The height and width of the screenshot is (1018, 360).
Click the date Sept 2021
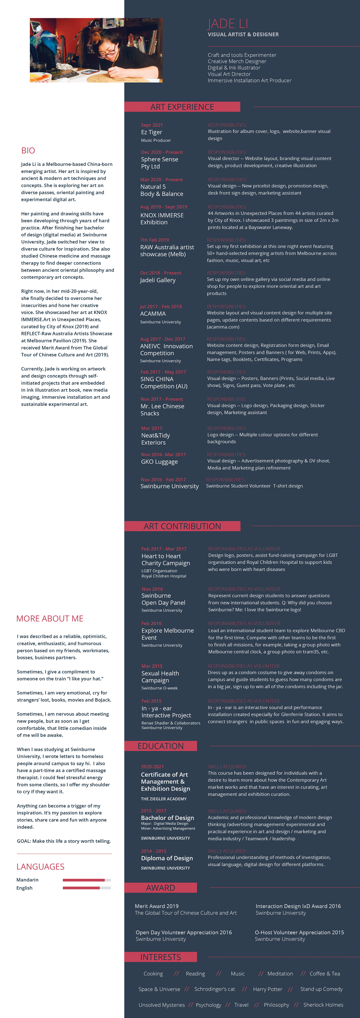click(x=152, y=125)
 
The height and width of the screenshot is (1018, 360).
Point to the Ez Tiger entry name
click(x=151, y=132)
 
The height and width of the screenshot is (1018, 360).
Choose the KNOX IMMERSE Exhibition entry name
click(x=162, y=219)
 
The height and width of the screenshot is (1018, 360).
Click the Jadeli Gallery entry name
click(x=158, y=280)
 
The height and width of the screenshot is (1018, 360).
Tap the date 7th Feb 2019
click(x=154, y=240)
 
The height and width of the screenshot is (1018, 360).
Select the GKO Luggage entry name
click(x=159, y=462)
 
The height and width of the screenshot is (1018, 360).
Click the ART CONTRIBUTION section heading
click(x=182, y=526)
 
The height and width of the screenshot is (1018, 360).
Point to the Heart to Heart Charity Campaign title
click(x=166, y=560)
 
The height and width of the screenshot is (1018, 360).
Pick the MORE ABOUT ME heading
click(x=50, y=618)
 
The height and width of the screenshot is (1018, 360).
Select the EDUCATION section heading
click(x=160, y=746)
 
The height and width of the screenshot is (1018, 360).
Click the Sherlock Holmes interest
click(x=323, y=1005)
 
